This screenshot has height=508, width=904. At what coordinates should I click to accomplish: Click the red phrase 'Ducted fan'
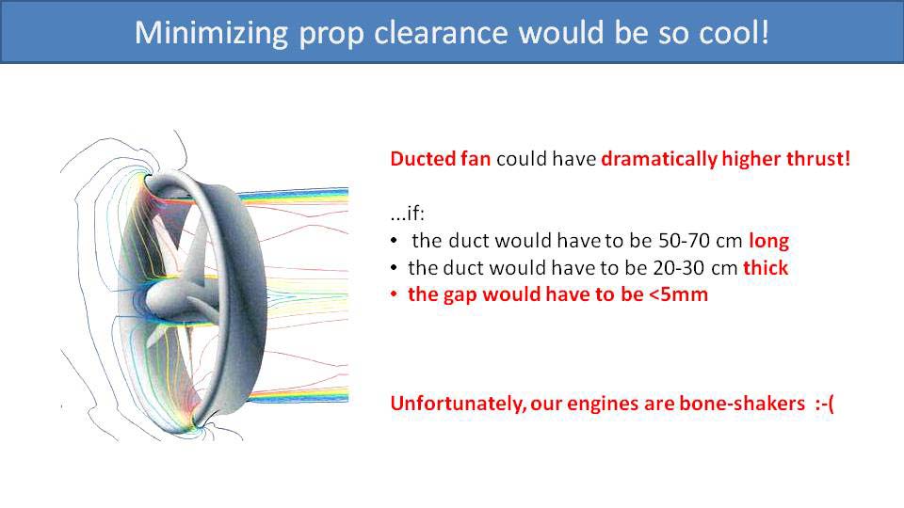click(x=440, y=158)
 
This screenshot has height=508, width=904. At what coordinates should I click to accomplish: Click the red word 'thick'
click(x=766, y=268)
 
